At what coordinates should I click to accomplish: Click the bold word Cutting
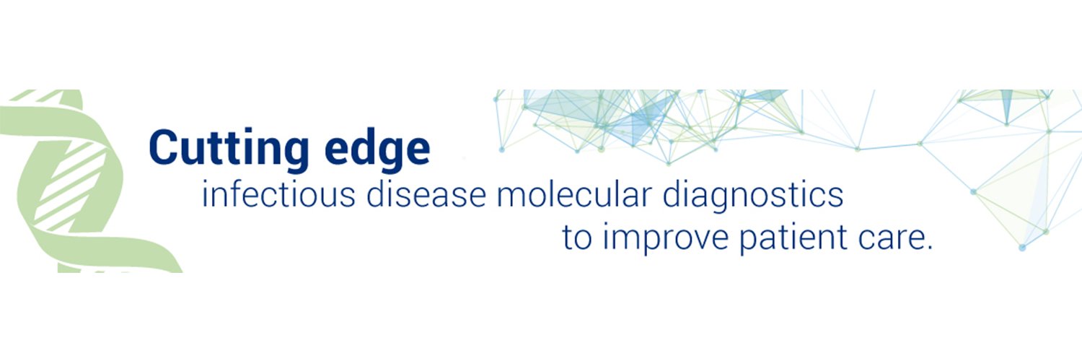tap(229, 148)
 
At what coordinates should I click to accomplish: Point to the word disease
tap(426, 194)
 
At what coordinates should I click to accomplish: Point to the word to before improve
tap(577, 239)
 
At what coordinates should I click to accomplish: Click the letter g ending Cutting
tap(296, 153)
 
